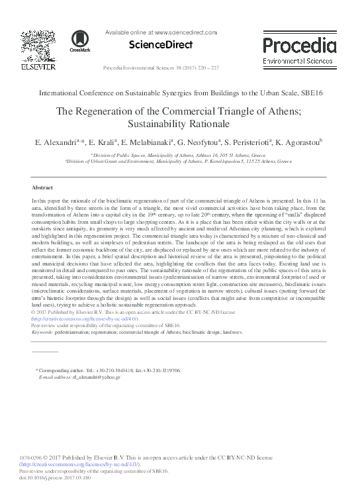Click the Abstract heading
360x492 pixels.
click(42, 187)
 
